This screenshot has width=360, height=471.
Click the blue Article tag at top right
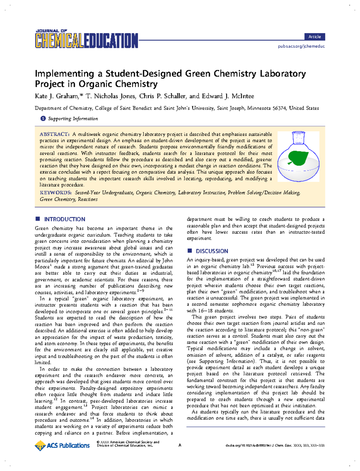coord(314,37)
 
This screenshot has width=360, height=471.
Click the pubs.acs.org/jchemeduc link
coord(301,46)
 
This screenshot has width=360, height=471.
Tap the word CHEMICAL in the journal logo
coord(59,41)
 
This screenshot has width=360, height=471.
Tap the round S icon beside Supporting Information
coord(43,119)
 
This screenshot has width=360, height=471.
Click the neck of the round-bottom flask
coord(298,138)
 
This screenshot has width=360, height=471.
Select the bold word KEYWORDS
coord(55,193)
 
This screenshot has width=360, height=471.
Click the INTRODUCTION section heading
coord(64,219)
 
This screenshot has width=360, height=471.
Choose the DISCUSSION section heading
coord(212,251)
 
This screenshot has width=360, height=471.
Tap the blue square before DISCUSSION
coord(189,251)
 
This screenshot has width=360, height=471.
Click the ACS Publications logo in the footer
coord(62,445)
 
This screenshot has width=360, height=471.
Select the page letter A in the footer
coord(180,445)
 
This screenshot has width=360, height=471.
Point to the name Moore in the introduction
coord(42,267)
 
